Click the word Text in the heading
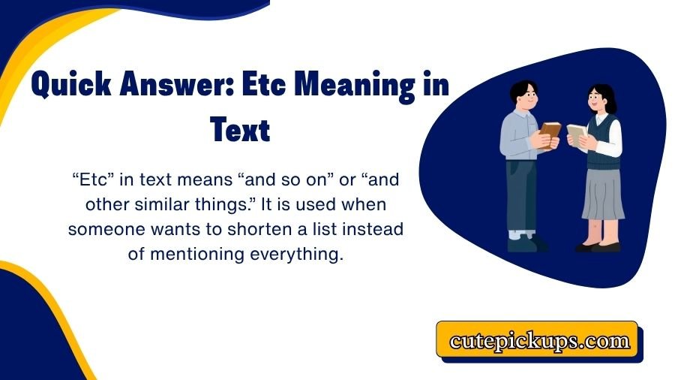coord(240,130)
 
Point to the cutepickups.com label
coord(539,342)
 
